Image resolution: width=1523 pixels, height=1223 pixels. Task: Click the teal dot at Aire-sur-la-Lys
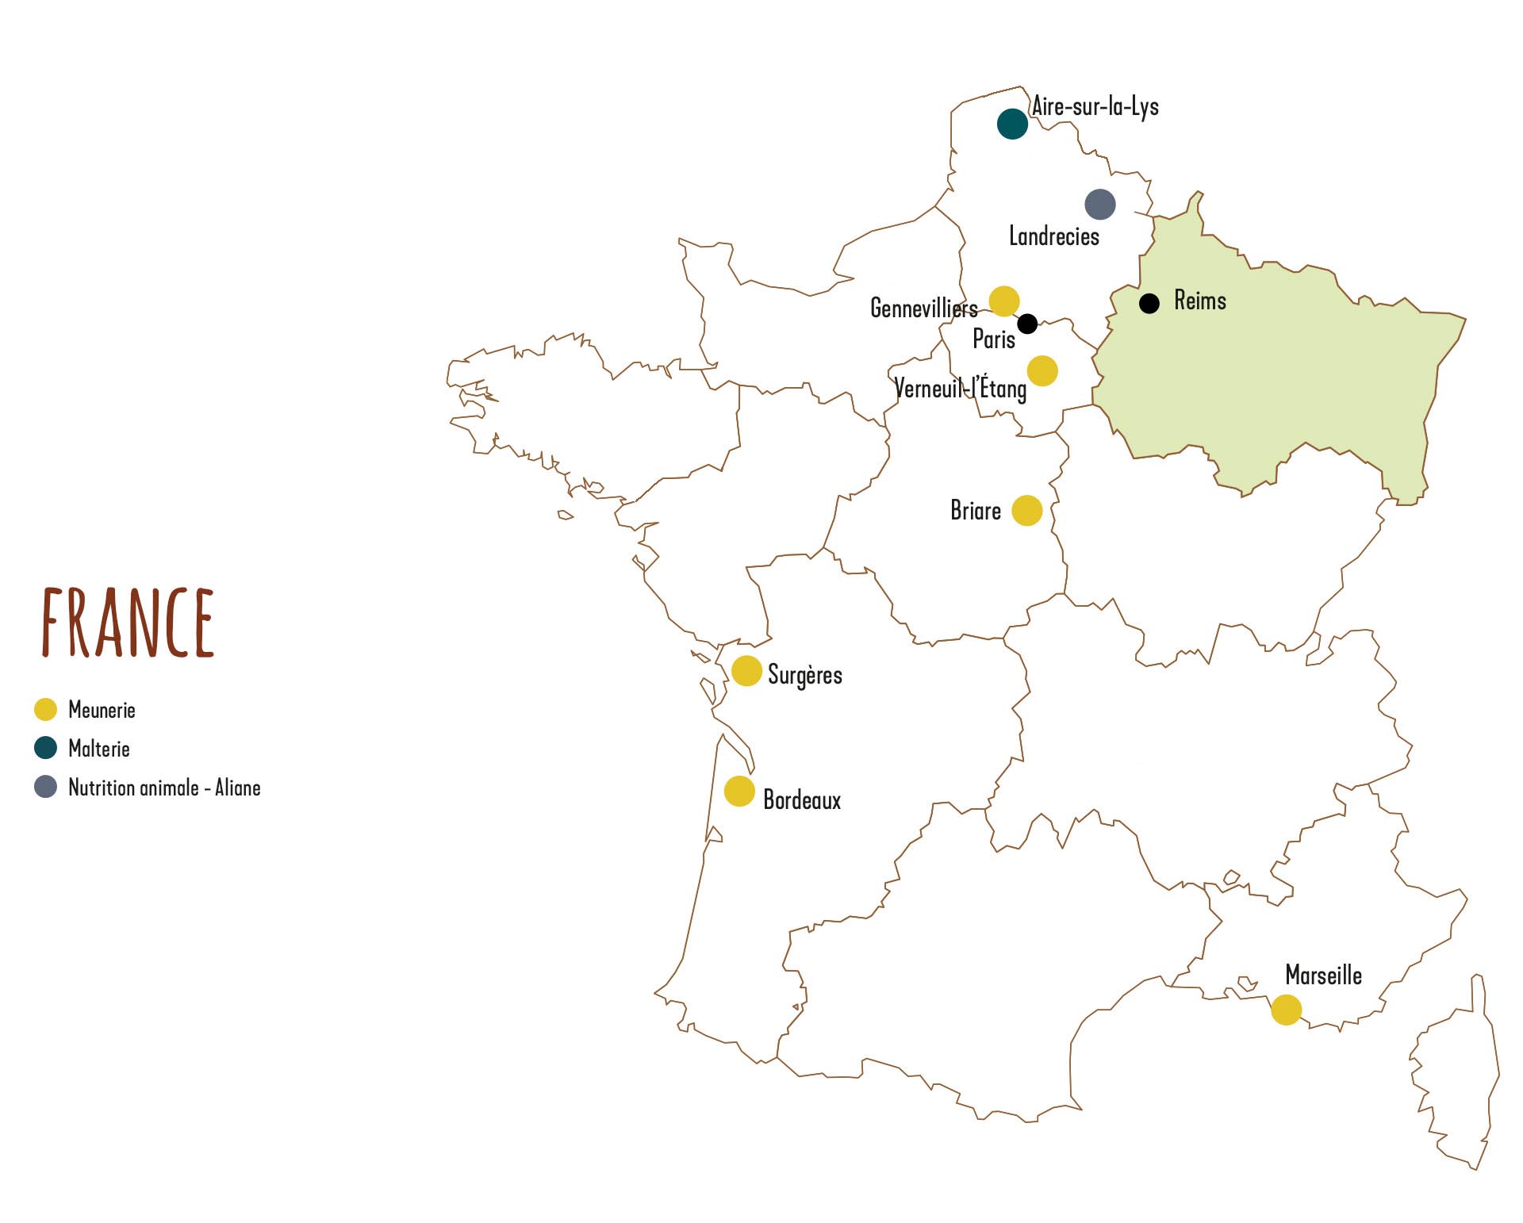[x=1012, y=124]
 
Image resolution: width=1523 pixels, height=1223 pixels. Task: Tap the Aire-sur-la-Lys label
[x=1095, y=106]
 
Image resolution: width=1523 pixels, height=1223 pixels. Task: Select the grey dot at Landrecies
[x=1100, y=205]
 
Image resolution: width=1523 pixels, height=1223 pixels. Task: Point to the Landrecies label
[x=1053, y=236]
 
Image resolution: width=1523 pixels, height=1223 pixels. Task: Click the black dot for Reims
[x=1149, y=303]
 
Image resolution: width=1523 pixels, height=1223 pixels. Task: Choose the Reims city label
[x=1200, y=301]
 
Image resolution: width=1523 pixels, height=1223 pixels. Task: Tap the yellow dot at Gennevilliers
[x=1004, y=301]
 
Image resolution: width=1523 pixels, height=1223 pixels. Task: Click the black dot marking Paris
[x=1027, y=324]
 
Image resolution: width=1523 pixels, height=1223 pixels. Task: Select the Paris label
[x=994, y=339]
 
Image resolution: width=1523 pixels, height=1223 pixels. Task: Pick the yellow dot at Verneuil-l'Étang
[x=1042, y=370]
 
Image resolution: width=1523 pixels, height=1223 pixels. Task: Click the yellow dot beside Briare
[x=1027, y=511]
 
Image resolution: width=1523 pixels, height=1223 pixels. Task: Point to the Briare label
[x=976, y=510]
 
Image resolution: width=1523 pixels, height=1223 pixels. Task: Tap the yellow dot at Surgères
[x=746, y=671]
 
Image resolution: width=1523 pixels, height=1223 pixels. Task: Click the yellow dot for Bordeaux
[x=739, y=792]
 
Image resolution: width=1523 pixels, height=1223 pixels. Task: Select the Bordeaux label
[x=802, y=799]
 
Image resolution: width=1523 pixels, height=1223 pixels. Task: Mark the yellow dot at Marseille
[x=1286, y=1010]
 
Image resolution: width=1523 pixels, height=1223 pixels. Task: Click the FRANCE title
[x=129, y=623]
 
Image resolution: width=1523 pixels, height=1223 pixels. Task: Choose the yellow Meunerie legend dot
[x=46, y=710]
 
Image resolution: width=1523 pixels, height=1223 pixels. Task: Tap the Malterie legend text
[x=99, y=749]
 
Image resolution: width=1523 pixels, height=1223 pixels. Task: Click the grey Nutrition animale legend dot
[x=46, y=787]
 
